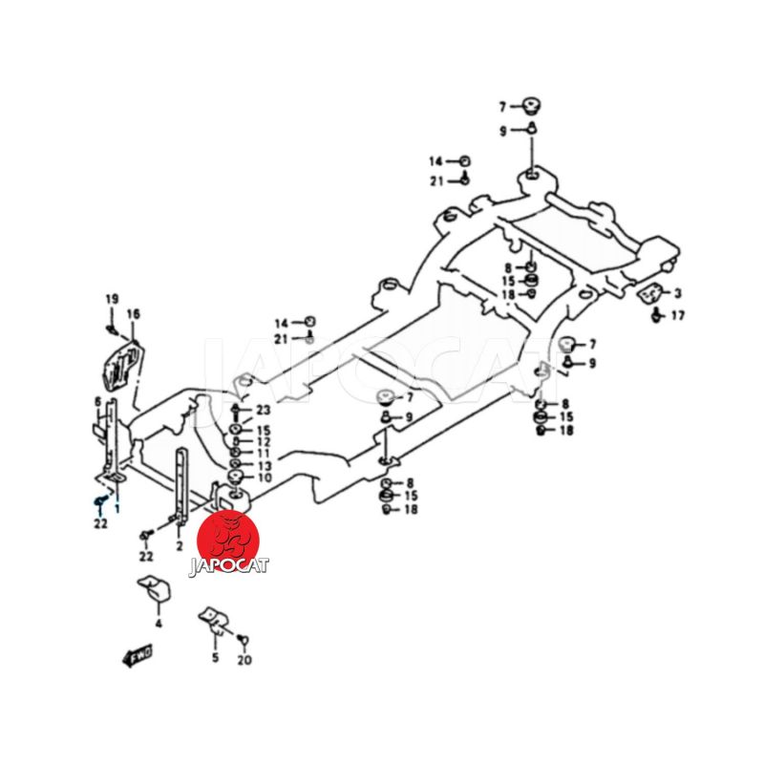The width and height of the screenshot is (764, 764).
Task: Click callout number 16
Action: click(x=133, y=313)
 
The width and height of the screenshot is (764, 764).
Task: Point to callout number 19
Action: click(x=111, y=299)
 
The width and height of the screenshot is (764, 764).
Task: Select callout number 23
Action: click(x=264, y=410)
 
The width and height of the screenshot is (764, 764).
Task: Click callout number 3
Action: click(x=677, y=293)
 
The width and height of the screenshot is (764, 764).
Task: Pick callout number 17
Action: click(x=678, y=315)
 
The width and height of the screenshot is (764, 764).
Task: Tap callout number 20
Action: click(x=245, y=659)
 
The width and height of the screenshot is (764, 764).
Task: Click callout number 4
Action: click(x=159, y=623)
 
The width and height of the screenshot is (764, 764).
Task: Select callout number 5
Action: click(x=215, y=658)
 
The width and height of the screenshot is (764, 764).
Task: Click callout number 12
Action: click(x=264, y=442)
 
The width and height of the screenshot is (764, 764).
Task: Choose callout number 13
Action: click(x=264, y=465)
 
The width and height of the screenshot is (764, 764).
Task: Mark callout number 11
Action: click(x=264, y=454)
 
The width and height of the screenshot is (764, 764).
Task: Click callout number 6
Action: click(x=97, y=402)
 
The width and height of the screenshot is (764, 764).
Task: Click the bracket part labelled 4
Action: click(x=156, y=589)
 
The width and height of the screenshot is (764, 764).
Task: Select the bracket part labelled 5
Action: click(x=213, y=621)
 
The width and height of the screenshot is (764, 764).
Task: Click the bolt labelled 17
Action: click(x=657, y=314)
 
